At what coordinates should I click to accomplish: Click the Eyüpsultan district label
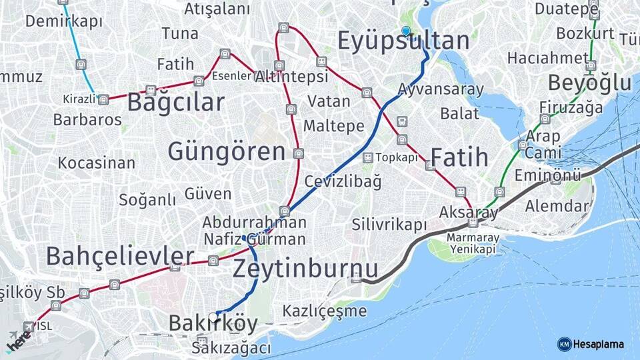click(x=403, y=41)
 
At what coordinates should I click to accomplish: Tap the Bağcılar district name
click(x=175, y=103)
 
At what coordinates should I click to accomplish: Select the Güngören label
click(x=227, y=151)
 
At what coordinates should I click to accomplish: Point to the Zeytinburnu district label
click(x=305, y=268)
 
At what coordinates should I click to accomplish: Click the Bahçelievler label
click(x=120, y=255)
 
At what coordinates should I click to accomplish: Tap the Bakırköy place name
click(x=213, y=324)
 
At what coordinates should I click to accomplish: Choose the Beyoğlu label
click(x=589, y=83)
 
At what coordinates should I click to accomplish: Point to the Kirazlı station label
click(x=79, y=99)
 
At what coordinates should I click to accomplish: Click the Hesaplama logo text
click(x=597, y=344)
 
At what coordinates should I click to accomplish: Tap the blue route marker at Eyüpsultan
click(x=406, y=30)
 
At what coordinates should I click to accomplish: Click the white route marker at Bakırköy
click(x=213, y=317)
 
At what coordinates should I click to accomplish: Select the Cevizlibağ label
click(x=343, y=181)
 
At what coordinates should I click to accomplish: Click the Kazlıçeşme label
click(x=325, y=311)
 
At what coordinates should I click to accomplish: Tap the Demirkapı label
click(x=64, y=21)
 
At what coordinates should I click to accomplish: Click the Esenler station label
click(x=232, y=76)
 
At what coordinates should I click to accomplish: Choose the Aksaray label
click(x=469, y=213)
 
